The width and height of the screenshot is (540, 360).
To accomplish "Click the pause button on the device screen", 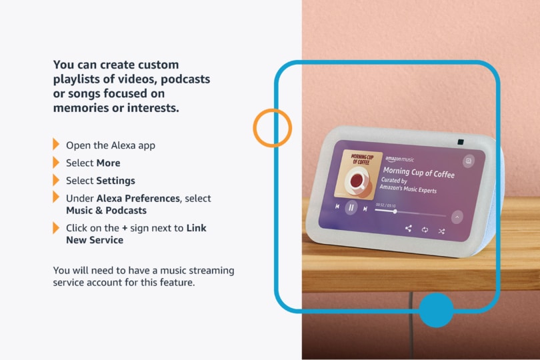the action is [x=351, y=207].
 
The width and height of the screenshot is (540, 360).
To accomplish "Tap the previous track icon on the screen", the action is [x=337, y=206].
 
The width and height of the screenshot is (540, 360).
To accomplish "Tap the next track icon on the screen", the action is [x=365, y=209].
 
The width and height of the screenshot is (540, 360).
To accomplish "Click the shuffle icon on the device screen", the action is [x=441, y=231].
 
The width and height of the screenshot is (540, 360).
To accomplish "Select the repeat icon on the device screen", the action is [x=425, y=229].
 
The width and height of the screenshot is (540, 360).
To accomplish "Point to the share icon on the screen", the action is [x=409, y=228].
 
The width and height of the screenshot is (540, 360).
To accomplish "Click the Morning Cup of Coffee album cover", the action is [x=358, y=175].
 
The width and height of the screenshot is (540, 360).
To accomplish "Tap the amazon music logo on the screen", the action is [x=399, y=159].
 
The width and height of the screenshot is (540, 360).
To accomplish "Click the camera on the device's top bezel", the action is [x=461, y=142].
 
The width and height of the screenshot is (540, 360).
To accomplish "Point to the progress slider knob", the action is [x=395, y=211].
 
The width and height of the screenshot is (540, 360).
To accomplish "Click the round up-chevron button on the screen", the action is [x=457, y=217].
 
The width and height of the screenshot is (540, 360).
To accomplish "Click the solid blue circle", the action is [x=436, y=310].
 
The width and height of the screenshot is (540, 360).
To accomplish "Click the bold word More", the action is [x=108, y=163].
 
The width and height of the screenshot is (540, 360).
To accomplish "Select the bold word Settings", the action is [x=115, y=181].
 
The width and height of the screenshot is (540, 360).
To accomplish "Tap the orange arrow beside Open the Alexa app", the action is [x=56, y=144].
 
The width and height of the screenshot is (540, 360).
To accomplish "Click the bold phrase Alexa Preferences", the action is [x=138, y=199].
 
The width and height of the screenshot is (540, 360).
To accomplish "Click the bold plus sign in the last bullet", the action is [x=125, y=228].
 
